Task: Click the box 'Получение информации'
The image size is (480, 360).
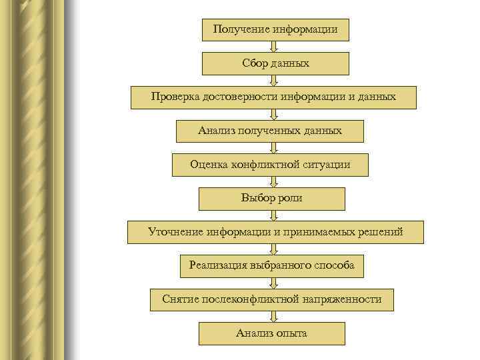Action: (275, 29)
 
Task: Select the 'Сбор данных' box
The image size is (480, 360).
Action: (275, 63)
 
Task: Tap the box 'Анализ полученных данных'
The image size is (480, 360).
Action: (269, 131)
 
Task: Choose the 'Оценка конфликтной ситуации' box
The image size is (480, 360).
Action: (269, 165)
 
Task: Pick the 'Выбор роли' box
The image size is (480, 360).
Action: (271, 199)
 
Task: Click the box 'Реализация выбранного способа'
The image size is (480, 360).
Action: (271, 266)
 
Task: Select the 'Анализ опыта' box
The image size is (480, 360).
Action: (271, 333)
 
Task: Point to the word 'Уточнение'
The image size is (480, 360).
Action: (175, 232)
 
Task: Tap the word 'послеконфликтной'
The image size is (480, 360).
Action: (251, 300)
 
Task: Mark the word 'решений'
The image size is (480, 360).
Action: (381, 232)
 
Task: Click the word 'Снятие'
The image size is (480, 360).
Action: (179, 300)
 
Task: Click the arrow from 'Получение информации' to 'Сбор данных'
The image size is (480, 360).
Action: (273, 47)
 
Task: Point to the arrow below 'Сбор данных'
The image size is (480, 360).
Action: (273, 80)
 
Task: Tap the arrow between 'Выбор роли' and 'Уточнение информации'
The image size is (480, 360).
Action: (273, 215)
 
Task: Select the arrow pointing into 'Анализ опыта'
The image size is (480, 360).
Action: (273, 317)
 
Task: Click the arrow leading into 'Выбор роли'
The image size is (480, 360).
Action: (273, 181)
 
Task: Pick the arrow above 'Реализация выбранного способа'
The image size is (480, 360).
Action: (273, 249)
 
